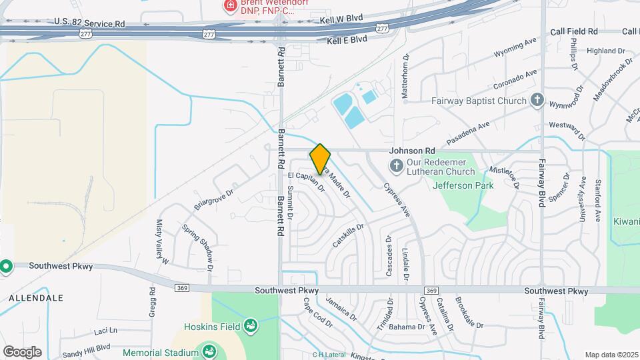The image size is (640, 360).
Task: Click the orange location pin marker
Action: click(320, 159)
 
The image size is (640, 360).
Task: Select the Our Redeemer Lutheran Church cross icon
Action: click(395, 165)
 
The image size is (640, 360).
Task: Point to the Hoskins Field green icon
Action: click(250, 326)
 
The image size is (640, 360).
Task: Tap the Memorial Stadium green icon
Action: click(209, 351)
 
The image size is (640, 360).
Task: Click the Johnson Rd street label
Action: click(412, 151)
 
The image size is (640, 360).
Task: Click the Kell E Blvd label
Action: click(347, 41)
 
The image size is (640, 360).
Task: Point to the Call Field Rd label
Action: click(573, 31)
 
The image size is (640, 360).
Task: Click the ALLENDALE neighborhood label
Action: click(36, 297)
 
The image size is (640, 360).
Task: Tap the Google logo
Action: click(22, 351)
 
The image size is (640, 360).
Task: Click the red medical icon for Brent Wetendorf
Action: click(230, 5)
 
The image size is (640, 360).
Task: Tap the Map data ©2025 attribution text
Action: click(610, 355)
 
